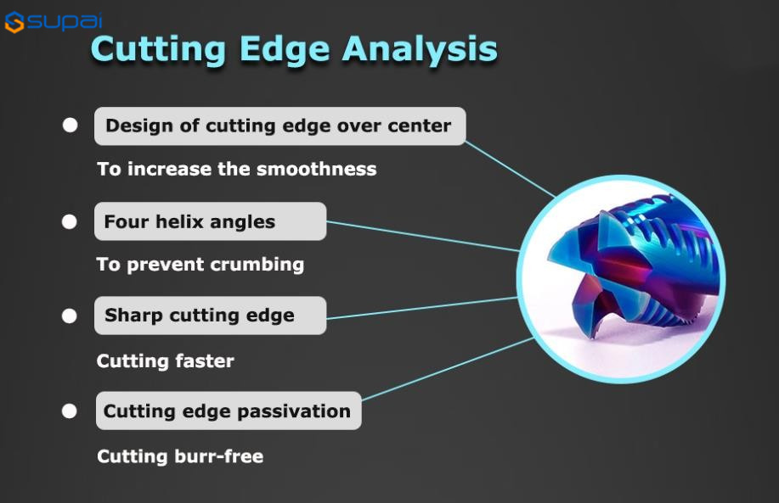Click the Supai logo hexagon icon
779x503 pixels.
14,22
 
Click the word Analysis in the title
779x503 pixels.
420,49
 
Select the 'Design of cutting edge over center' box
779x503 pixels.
279,126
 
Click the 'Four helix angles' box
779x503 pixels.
210,221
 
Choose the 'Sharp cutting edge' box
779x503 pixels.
210,316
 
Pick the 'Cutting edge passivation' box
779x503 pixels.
229,411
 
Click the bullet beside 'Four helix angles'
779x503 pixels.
70,221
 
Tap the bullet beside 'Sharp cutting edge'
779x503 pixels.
70,316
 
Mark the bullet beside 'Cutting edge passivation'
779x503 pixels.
70,411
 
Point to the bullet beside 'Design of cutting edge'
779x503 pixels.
70,125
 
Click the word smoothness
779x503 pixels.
317,169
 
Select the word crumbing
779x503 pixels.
257,265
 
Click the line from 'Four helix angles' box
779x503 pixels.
422,236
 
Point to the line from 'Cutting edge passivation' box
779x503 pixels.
448,369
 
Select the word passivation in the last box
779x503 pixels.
294,411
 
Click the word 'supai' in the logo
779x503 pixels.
65,21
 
